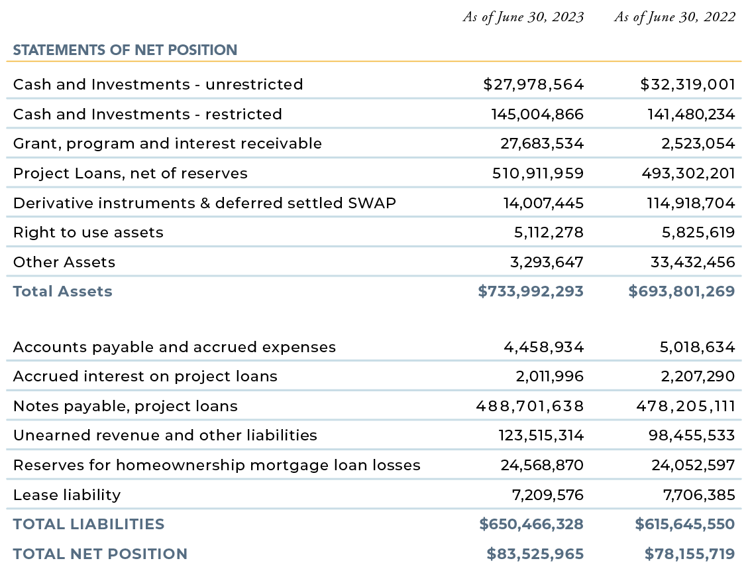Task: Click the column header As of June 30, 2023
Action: (x=523, y=17)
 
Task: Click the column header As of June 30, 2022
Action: (x=674, y=17)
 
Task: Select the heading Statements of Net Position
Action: (x=125, y=50)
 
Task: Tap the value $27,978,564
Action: (x=533, y=84)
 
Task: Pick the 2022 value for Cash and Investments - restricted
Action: (x=691, y=114)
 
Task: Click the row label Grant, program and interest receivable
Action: (x=168, y=143)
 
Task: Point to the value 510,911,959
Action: (x=537, y=173)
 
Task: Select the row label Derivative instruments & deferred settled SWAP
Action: (x=205, y=203)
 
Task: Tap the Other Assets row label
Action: (x=64, y=262)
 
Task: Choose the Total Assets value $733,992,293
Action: (x=531, y=291)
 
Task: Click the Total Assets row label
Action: (x=63, y=291)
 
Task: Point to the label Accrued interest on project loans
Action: (x=145, y=377)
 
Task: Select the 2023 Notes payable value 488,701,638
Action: (x=529, y=406)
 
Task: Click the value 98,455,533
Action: (x=692, y=435)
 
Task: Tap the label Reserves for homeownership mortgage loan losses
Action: (x=217, y=465)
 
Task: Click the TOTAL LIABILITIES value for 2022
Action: (x=684, y=524)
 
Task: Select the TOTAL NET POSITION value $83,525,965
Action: (x=535, y=554)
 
